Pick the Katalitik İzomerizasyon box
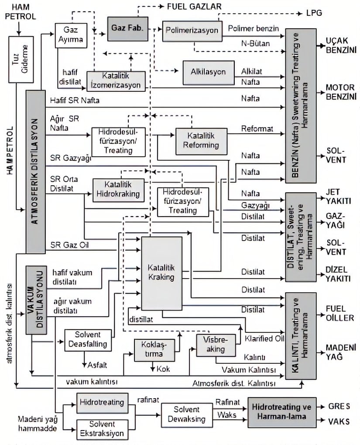coord(116,80)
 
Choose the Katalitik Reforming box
coord(201,141)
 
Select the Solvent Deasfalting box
coord(88,339)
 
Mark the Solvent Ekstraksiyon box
coord(102,429)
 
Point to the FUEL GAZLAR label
coord(194,7)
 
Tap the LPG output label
coord(314,13)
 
